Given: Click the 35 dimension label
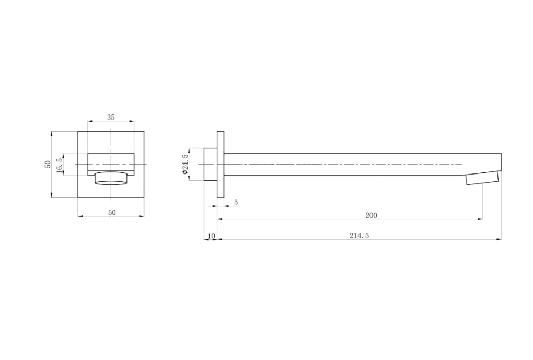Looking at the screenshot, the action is point(111,117).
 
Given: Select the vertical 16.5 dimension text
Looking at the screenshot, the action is point(60,166).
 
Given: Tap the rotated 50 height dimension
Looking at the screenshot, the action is point(48,164).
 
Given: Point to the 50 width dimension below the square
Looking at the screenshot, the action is point(112,213).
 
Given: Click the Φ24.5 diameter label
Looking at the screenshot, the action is point(185,164).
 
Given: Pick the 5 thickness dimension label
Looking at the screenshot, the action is point(236,203).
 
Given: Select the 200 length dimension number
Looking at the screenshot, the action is point(371,215).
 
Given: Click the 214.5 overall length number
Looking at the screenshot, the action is point(360,236).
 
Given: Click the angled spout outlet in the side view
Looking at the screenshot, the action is point(482,178).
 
